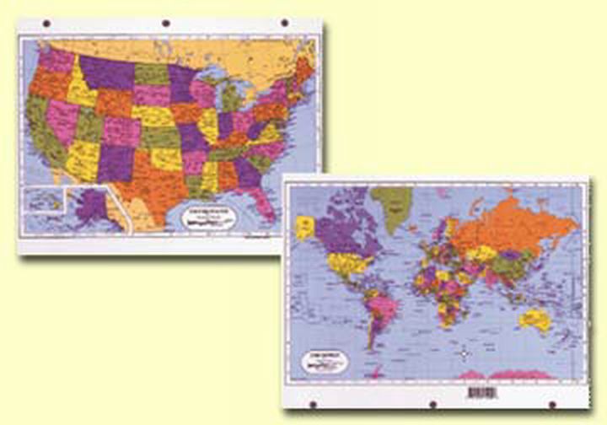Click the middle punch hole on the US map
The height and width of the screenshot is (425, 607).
click(x=165, y=23)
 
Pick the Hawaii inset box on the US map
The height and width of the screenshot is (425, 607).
click(x=41, y=202)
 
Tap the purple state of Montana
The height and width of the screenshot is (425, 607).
click(x=105, y=71)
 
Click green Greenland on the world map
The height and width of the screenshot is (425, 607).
click(x=393, y=202)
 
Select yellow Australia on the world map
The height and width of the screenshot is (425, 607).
click(x=535, y=320)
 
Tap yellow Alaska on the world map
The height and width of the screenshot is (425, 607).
click(x=305, y=226)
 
